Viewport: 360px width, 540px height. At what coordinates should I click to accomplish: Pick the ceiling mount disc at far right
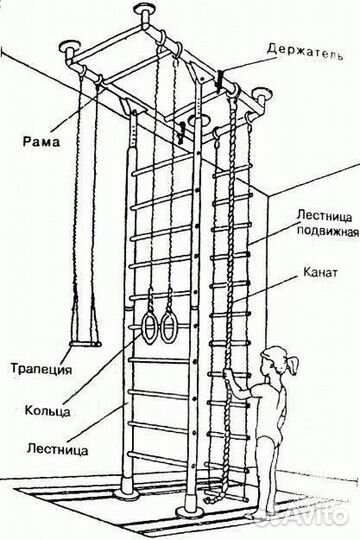coord(265,98)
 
